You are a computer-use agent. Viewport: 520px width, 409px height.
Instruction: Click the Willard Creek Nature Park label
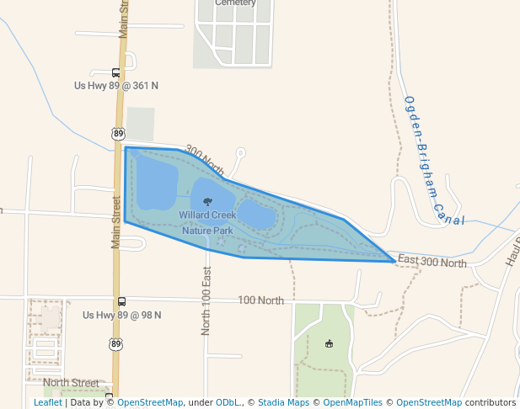pos(206,223)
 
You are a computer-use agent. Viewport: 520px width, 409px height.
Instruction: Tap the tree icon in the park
pos(206,200)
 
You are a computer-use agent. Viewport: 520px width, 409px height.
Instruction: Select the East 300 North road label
pos(432,263)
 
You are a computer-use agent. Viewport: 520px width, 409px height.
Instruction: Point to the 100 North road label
pos(260,300)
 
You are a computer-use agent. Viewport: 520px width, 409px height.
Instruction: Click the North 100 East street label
pos(206,302)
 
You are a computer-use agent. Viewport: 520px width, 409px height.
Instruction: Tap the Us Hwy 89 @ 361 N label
pos(116,86)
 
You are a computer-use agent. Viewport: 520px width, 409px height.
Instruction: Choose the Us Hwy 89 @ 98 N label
pos(121,315)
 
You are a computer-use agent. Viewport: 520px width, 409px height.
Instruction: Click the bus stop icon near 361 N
pos(115,72)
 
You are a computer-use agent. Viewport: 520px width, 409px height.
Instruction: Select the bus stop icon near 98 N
pos(121,301)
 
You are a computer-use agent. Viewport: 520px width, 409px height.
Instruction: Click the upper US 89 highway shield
pos(117,133)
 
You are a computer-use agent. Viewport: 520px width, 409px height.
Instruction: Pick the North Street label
pos(71,382)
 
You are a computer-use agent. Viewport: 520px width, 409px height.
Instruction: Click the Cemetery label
pos(235,3)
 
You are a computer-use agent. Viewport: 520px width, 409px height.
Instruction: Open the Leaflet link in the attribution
pos(47,402)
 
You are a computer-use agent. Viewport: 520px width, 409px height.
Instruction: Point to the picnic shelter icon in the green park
pos(329,343)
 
